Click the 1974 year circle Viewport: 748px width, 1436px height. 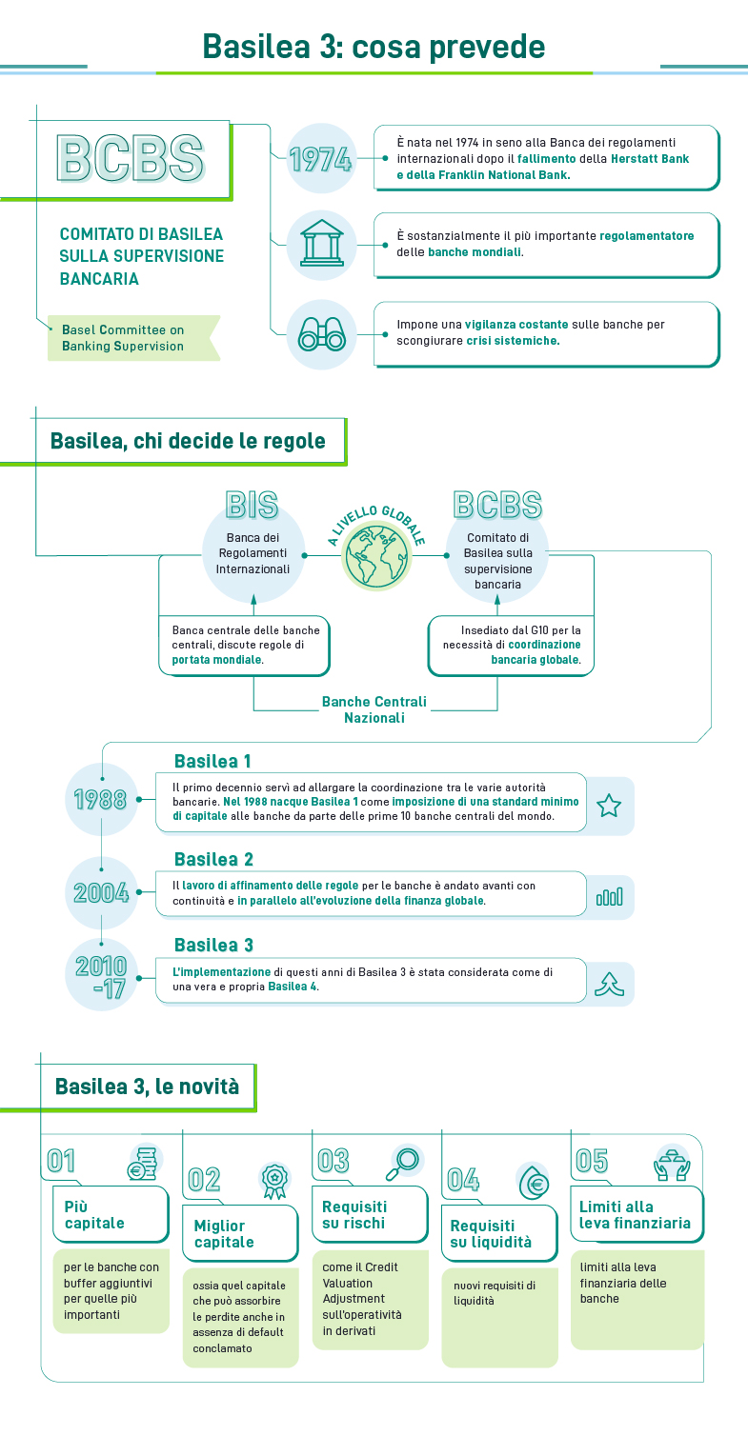tap(321, 159)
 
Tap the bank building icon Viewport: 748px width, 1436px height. tap(321, 246)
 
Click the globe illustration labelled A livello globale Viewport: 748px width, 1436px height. tap(374, 554)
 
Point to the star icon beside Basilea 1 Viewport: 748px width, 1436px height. tap(609, 806)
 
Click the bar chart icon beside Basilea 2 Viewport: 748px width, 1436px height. tap(609, 896)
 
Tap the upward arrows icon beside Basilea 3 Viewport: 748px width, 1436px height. tap(609, 985)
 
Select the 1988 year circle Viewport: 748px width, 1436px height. tap(101, 798)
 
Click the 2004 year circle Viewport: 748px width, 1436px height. tap(101, 892)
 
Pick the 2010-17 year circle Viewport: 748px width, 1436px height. tap(101, 975)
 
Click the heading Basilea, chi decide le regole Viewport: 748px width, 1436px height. tap(188, 441)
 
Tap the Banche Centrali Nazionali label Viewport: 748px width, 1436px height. tap(374, 709)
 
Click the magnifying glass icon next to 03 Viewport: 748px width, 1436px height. tap(403, 1160)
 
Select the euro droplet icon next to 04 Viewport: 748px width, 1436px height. tap(534, 1182)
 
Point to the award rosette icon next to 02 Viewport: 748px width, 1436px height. tap(274, 1179)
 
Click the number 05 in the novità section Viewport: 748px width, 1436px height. tap(592, 1161)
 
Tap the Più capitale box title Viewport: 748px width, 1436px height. tap(94, 1215)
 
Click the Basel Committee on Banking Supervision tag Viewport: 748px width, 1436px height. tap(124, 338)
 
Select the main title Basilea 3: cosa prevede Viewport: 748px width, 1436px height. tap(374, 46)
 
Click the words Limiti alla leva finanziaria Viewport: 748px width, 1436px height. tap(635, 1215)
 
